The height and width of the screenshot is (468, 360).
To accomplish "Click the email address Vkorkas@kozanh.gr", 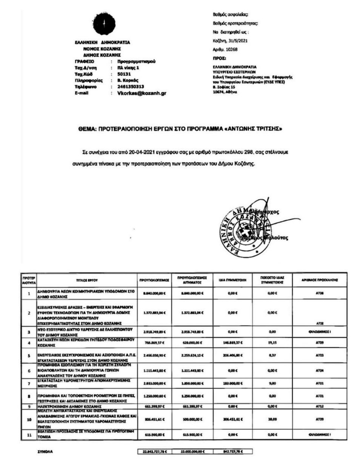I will click(x=142, y=93).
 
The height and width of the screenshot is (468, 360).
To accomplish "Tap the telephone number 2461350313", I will click(x=128, y=87).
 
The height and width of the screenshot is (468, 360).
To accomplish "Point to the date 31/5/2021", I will click(x=238, y=41).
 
